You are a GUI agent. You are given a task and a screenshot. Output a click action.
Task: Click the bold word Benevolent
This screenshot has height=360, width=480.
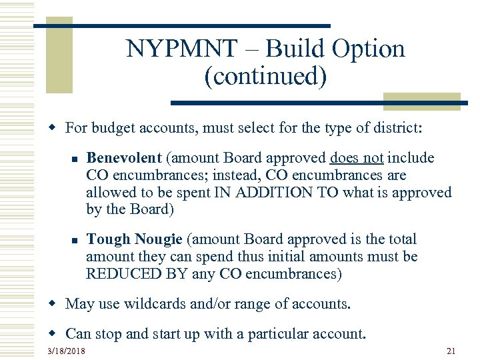(x=124, y=158)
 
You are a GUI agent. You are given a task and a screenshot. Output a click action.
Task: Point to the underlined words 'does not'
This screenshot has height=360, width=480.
(x=356, y=158)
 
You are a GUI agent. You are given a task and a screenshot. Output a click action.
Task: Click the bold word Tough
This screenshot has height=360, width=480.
(x=109, y=239)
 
